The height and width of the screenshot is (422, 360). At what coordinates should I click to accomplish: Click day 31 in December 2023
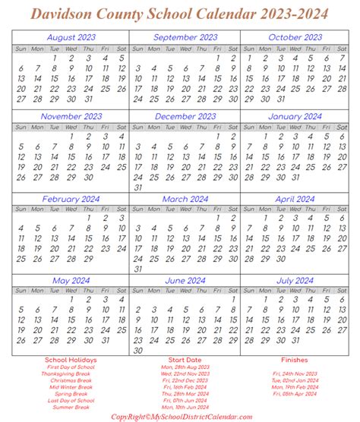(x=137, y=187)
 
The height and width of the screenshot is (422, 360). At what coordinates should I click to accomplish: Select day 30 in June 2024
(x=137, y=330)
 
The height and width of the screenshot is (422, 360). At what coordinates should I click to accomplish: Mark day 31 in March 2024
(x=137, y=268)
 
